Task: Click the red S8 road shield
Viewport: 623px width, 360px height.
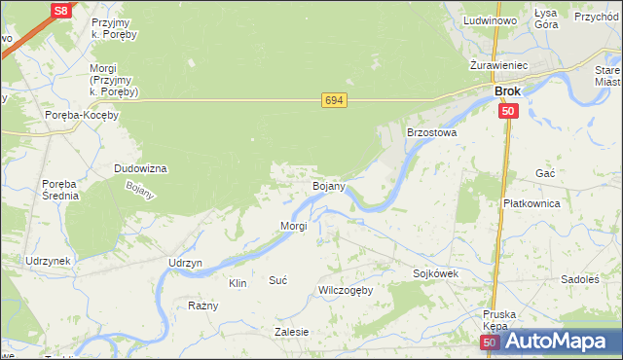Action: coord(60,11)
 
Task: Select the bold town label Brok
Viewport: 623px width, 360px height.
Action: coord(507,91)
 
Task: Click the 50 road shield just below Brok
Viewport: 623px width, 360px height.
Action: coord(508,112)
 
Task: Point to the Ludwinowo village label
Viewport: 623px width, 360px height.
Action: coord(491,20)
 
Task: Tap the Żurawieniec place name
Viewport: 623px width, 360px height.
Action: coord(497,64)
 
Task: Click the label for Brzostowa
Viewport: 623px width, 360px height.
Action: coord(431,131)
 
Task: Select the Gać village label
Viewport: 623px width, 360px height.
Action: coord(545,172)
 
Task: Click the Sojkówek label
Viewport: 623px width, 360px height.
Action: coord(435,274)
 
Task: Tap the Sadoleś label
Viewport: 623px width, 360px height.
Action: coord(579,279)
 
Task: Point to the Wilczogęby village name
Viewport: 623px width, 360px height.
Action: coord(346,290)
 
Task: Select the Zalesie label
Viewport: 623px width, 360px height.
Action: coord(291,332)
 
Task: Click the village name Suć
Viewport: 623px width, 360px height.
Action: coord(277,280)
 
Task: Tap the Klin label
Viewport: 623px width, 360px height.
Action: coord(238,283)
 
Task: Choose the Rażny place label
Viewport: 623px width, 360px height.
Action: coord(203,306)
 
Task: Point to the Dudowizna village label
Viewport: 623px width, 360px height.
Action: coord(141,168)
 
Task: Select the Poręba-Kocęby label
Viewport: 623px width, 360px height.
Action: coord(82,115)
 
